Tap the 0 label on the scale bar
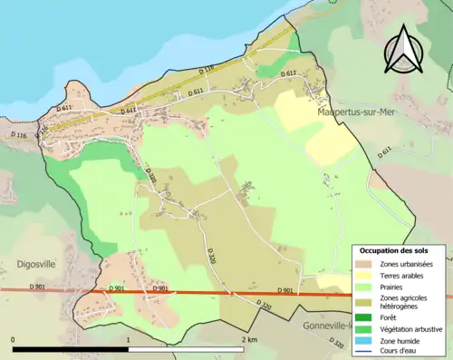pos(13,339)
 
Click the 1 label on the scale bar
pos(129,339)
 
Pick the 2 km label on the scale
pos(249,339)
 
